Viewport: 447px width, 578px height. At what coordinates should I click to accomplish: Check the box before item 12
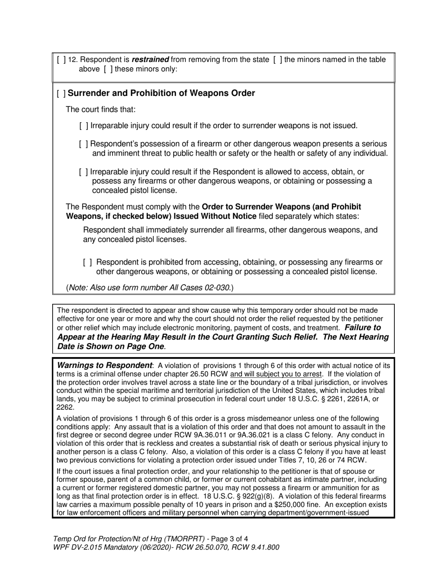pos(61,60)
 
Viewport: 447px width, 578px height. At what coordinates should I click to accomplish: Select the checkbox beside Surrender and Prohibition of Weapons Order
pos(61,94)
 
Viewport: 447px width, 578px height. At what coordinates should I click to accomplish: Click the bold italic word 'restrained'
pos(150,60)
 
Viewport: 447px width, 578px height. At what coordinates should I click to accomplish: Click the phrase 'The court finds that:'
pos(101,109)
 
